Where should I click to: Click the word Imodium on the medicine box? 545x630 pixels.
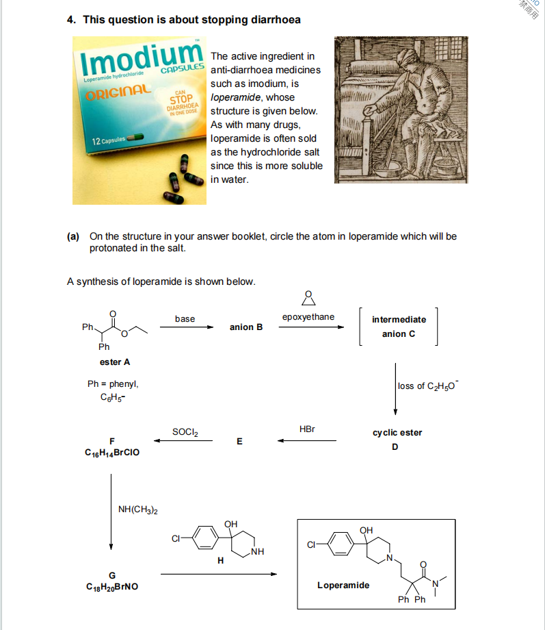142,60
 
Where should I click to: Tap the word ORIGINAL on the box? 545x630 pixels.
118,92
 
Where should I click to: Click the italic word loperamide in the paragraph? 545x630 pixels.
236,97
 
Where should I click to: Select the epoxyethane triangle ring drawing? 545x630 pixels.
308,299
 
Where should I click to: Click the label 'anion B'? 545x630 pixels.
246,327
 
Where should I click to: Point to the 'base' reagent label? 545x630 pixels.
185,318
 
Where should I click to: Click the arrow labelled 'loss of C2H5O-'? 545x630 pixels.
395,389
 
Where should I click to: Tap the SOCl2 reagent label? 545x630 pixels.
185,432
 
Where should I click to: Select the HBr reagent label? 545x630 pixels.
307,429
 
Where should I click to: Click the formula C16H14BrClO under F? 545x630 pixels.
112,453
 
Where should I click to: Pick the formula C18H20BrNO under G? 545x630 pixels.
112,587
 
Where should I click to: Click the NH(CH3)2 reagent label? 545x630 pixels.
137,509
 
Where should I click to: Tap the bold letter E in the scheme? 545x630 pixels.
239,441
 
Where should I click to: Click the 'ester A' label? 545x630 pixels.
115,362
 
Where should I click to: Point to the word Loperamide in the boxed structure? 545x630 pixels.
343,585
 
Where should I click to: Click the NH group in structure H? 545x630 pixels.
258,552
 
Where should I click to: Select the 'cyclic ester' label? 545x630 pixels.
397,433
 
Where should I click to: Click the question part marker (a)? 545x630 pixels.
73,236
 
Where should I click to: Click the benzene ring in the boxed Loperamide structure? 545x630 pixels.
341,544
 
